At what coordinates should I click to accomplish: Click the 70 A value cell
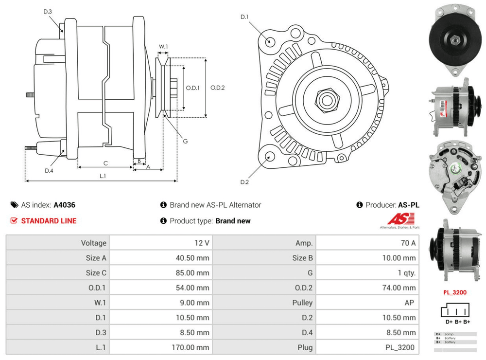pyautogui.click(x=407, y=243)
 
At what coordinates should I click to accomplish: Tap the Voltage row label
pyautogui.click(x=93, y=243)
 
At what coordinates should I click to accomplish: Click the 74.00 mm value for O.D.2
pyautogui.click(x=399, y=288)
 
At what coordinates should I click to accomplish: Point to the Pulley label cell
pyautogui.click(x=302, y=303)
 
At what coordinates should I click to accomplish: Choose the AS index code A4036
pyautogui.click(x=64, y=205)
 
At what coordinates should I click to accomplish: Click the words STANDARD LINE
pyautogui.click(x=49, y=221)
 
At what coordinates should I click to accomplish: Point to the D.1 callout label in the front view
pyautogui.click(x=244, y=17)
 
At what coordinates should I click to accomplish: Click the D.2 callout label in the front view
pyautogui.click(x=244, y=182)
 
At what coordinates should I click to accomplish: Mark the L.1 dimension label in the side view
pyautogui.click(x=103, y=176)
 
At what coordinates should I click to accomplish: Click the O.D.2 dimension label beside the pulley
pyautogui.click(x=218, y=88)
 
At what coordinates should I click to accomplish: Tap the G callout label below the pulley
pyautogui.click(x=185, y=141)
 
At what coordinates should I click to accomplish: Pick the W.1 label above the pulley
pyautogui.click(x=163, y=47)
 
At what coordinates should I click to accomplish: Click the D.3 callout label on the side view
pyautogui.click(x=48, y=11)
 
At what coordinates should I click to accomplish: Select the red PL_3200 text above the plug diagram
pyautogui.click(x=455, y=293)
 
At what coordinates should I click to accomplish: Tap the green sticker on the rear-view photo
pyautogui.click(x=456, y=170)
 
